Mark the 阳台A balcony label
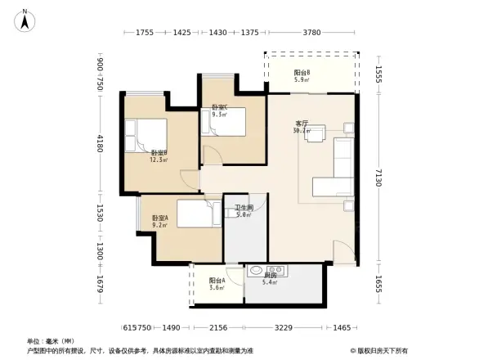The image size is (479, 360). pyautogui.click(x=217, y=283)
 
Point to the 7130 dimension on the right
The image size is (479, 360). pyautogui.click(x=378, y=180)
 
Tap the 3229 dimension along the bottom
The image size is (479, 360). pyautogui.click(x=283, y=327)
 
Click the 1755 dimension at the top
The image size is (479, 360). pyautogui.click(x=145, y=33)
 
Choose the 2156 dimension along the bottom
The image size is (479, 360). pyautogui.click(x=217, y=327)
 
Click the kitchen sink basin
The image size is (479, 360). pyautogui.click(x=257, y=269)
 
